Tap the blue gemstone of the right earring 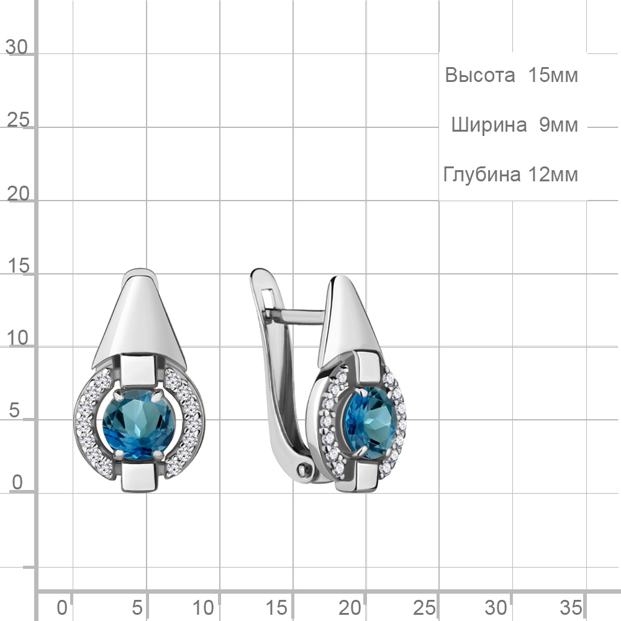(370, 423)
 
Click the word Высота (479, 75)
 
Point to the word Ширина (489, 125)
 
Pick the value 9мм (558, 125)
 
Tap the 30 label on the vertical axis (17, 47)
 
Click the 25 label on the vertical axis (18, 120)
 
